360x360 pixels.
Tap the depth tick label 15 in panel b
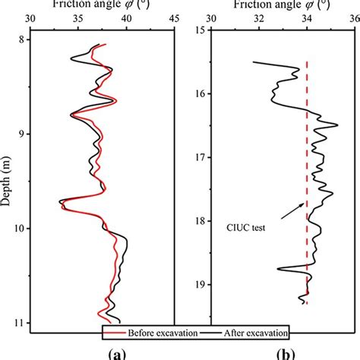[x=200, y=30]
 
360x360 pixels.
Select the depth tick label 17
[x=200, y=157]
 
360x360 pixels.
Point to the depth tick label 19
[x=200, y=284]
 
